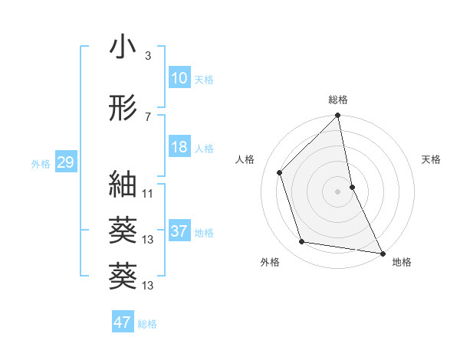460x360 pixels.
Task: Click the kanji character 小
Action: [x=123, y=47]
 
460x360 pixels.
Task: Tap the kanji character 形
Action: [x=123, y=108]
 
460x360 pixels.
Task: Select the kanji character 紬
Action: [x=123, y=184]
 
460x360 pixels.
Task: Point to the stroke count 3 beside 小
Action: [x=147, y=56]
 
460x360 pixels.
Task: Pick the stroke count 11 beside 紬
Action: [x=148, y=193]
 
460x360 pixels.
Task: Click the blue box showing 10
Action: [x=179, y=78]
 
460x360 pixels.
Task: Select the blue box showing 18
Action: [x=179, y=147]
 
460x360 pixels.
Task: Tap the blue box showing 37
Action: [x=179, y=231]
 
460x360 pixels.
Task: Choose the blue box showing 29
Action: [x=65, y=162]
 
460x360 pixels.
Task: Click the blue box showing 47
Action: [x=123, y=322]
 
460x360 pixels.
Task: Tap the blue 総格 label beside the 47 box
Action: [x=147, y=324]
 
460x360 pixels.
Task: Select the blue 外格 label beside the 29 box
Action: [x=41, y=164]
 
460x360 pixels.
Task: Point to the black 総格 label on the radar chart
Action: [x=338, y=100]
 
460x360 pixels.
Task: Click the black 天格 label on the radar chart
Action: [x=432, y=159]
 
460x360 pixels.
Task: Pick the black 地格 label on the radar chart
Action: [x=402, y=262]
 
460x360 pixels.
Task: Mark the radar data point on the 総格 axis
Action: [x=337, y=116]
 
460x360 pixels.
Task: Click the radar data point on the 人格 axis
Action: [x=280, y=172]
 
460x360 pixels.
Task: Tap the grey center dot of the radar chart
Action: [x=337, y=191]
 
